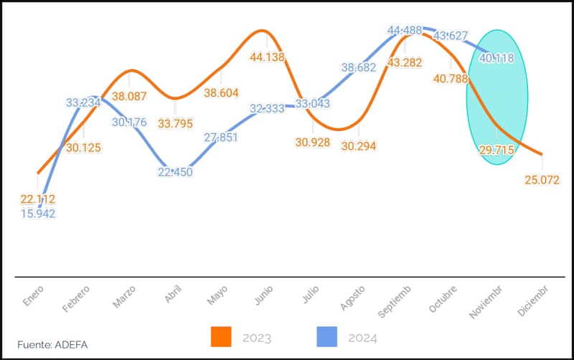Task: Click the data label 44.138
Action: coord(267,57)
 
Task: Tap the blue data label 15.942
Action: coord(38,213)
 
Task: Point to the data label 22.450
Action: coord(174,171)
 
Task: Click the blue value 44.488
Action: coord(404,30)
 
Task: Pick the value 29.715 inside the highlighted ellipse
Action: coord(497,148)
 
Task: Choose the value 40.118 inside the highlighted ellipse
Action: coord(497,58)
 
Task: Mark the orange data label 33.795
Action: coord(174,123)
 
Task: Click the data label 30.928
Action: coord(312,142)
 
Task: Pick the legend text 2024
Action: coord(363,337)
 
